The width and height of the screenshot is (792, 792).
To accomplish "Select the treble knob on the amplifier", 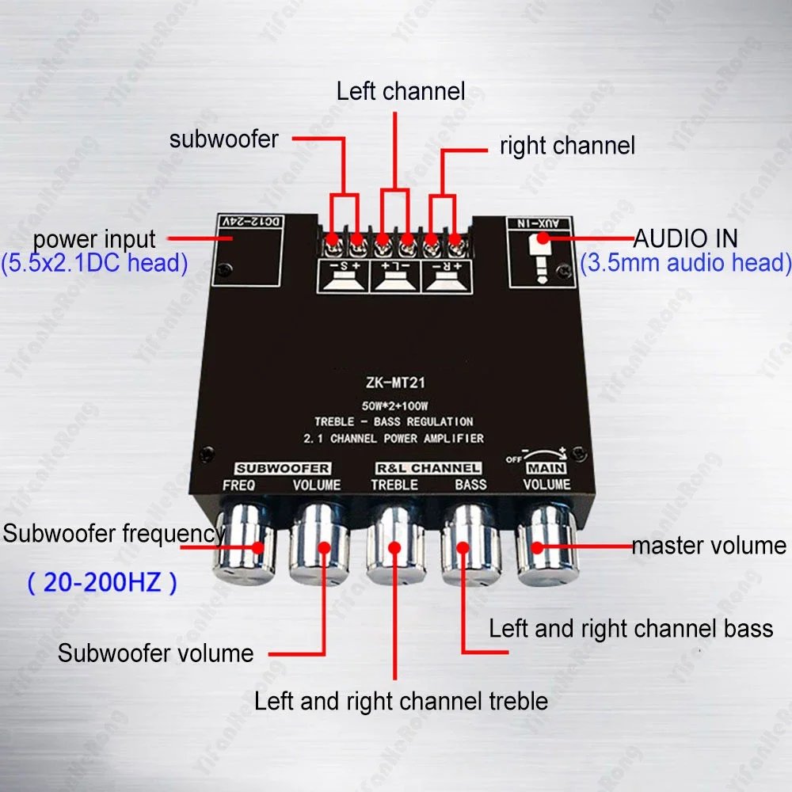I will [394, 546].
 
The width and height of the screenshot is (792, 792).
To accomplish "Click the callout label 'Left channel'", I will [401, 91].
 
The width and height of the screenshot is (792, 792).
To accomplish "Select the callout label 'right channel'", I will [567, 146].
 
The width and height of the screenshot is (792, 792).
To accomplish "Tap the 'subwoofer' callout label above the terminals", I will [224, 139].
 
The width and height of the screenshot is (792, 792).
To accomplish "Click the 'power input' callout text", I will [94, 238].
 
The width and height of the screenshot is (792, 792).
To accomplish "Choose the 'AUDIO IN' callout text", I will [686, 238].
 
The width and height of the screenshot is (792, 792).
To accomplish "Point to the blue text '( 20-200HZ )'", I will [102, 584].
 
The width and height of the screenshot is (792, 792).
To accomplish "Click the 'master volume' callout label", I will [708, 545].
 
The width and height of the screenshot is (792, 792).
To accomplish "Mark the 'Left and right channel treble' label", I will [401, 701].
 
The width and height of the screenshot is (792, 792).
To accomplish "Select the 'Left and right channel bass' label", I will [630, 630].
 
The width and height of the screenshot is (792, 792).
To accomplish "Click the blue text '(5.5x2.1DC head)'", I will [94, 263].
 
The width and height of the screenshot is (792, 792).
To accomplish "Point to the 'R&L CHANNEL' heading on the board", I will [428, 468].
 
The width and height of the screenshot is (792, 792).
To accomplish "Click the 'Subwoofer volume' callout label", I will [155, 653].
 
